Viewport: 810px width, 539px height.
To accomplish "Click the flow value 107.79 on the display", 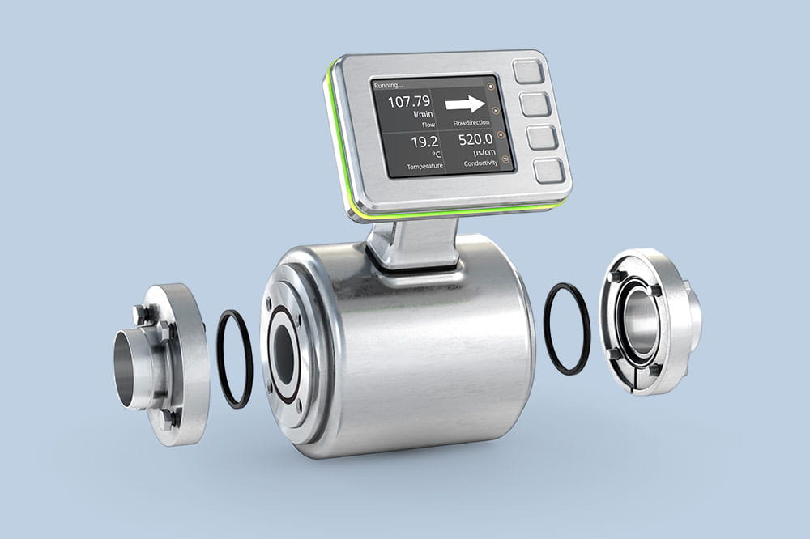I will [409, 101].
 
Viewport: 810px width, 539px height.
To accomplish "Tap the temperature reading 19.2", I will [424, 142].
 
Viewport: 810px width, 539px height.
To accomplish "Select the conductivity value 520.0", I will [476, 139].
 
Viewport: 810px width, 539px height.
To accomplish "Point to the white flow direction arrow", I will [464, 103].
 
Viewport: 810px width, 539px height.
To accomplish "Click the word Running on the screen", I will [388, 84].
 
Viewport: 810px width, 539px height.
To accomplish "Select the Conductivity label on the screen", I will [480, 163].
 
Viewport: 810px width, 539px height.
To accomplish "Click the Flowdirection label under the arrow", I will [471, 123].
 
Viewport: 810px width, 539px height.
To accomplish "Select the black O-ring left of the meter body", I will [234, 358].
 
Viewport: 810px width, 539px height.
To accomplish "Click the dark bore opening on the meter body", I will [284, 354].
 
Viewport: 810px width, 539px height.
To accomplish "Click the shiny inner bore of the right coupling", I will [639, 322].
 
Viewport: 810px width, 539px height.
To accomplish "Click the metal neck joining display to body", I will [413, 243].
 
